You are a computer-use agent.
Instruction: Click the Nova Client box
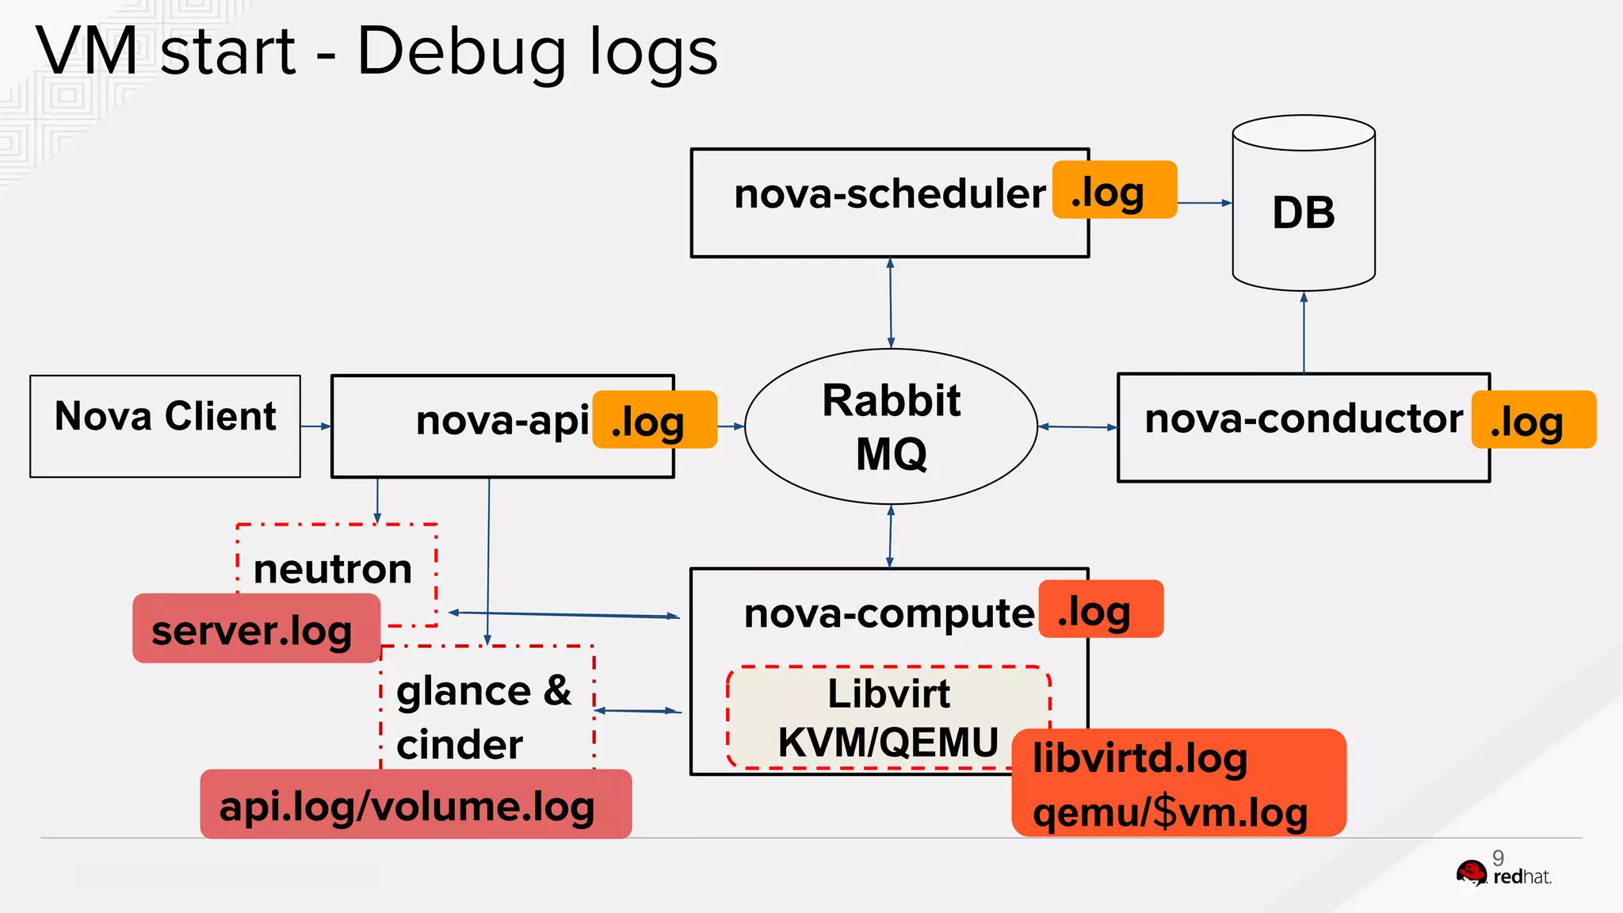[165, 426]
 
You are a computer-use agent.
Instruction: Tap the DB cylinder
[1304, 212]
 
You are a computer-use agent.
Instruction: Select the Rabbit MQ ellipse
[891, 426]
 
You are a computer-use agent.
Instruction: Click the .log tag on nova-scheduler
[1114, 190]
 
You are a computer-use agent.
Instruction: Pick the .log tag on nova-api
[655, 420]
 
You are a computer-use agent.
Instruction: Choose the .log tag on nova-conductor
[1533, 420]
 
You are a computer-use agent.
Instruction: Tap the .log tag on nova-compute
[1100, 609]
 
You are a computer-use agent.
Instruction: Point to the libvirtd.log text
[1140, 758]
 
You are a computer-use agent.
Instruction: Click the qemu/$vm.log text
[1170, 812]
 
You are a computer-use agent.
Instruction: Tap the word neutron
[333, 568]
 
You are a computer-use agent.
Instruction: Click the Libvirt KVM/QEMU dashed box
[888, 717]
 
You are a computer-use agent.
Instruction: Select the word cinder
[460, 744]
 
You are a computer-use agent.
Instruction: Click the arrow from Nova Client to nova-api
[315, 426]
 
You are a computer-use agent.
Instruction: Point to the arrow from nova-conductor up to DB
[1304, 333]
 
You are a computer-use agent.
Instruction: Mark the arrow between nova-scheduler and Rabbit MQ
[891, 303]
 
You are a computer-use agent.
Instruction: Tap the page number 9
[1498, 858]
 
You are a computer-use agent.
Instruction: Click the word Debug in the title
[460, 52]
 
